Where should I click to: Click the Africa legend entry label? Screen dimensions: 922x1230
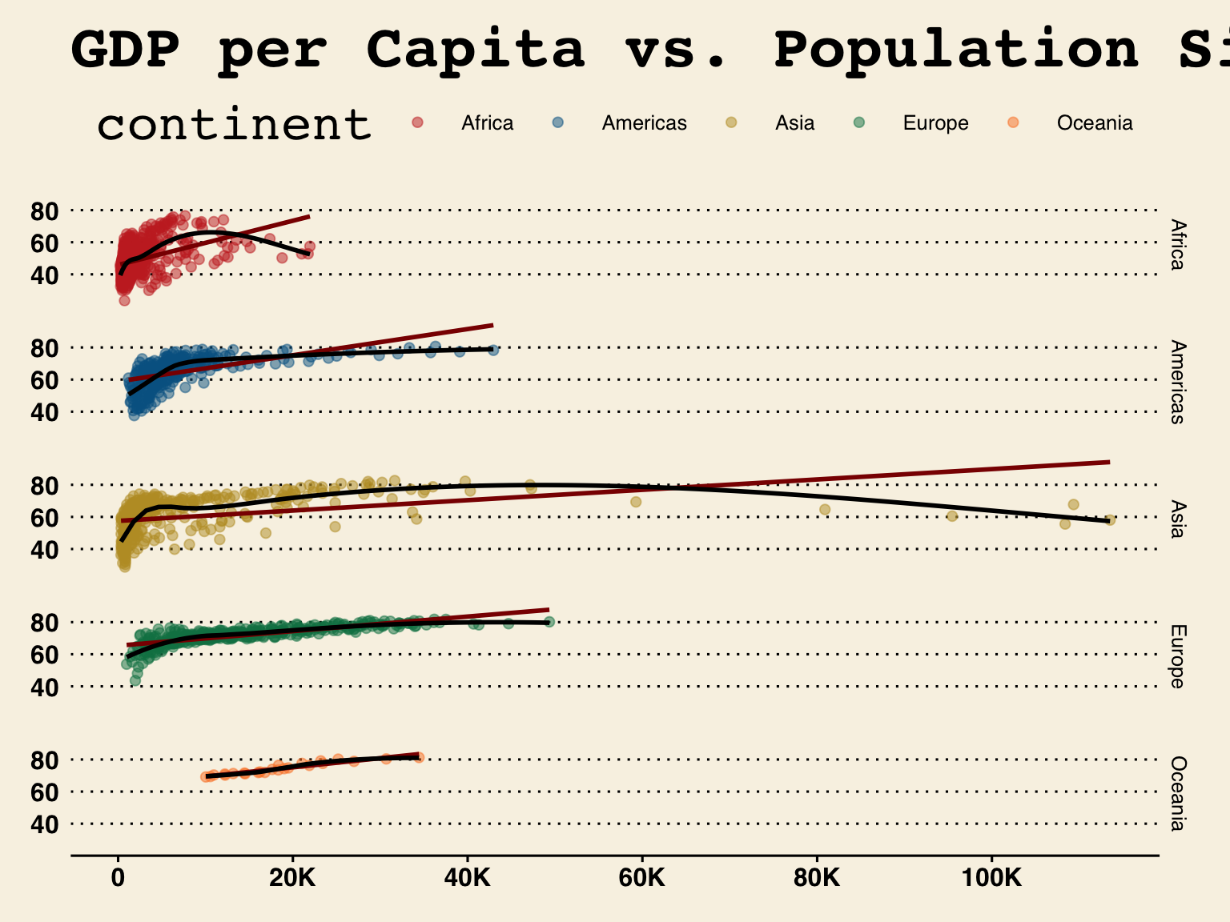coord(487,123)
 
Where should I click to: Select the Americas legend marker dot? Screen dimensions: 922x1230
coord(558,122)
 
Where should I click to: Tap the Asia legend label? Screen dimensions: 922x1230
coord(794,123)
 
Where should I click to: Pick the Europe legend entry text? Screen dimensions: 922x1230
coord(935,123)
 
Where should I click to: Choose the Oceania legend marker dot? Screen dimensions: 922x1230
coord(1013,122)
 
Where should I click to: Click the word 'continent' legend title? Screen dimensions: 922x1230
coord(234,125)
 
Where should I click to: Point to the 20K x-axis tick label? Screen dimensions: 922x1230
coord(292,879)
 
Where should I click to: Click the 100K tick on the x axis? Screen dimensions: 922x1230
coord(991,879)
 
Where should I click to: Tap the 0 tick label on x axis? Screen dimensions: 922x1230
coord(119,879)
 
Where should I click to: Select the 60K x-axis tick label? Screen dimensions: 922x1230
coord(642,879)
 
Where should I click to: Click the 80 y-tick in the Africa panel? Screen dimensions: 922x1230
coord(45,211)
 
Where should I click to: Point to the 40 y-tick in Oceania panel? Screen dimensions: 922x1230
coord(45,824)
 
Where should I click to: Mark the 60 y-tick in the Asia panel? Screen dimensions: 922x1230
coord(45,518)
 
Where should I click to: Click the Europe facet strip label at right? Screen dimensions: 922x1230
coord(1176,656)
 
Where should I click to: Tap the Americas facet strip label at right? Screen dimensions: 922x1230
coord(1176,382)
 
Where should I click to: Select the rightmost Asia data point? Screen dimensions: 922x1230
coord(1110,520)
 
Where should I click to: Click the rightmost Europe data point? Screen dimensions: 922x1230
coord(549,622)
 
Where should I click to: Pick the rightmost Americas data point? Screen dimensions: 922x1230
coord(493,351)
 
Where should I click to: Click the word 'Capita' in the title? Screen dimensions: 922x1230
coord(476,50)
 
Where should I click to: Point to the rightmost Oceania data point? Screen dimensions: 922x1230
coord(419,757)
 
